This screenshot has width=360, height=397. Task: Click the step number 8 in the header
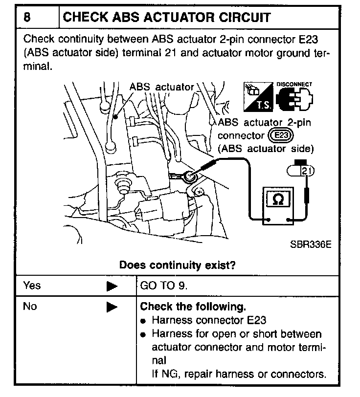[28, 18]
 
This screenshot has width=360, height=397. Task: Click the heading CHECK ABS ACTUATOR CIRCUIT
[167, 18]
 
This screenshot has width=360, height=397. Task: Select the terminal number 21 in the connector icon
[306, 171]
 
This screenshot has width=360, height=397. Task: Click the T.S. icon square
[257, 96]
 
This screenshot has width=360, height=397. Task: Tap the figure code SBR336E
[308, 243]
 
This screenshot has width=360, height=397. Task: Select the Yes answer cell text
[32, 286]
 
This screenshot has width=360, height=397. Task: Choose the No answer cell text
[30, 307]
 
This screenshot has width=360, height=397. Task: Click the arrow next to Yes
[112, 286]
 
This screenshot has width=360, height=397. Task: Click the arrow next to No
[112, 308]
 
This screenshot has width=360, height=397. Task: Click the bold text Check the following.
[193, 307]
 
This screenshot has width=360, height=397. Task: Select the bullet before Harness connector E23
[144, 322]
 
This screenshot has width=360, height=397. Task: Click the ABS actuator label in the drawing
[161, 87]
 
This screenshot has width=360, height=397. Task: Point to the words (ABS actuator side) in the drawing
[266, 148]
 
